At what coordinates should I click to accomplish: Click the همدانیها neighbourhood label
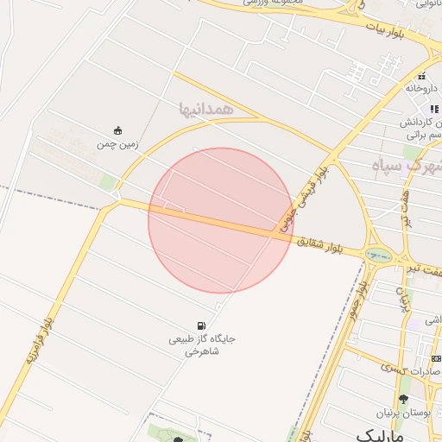click(x=205, y=109)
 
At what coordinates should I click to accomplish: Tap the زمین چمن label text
click(x=118, y=145)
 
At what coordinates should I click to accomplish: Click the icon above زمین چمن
click(x=118, y=130)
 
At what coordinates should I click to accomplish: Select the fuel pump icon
click(x=201, y=325)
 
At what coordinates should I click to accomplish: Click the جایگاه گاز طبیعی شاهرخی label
click(x=201, y=345)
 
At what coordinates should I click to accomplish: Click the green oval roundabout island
click(x=377, y=255)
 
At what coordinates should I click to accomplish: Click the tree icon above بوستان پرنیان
click(x=403, y=398)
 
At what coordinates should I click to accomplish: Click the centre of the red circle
click(x=221, y=220)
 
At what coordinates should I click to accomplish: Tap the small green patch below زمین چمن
click(x=107, y=182)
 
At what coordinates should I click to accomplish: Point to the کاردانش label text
click(x=422, y=123)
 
